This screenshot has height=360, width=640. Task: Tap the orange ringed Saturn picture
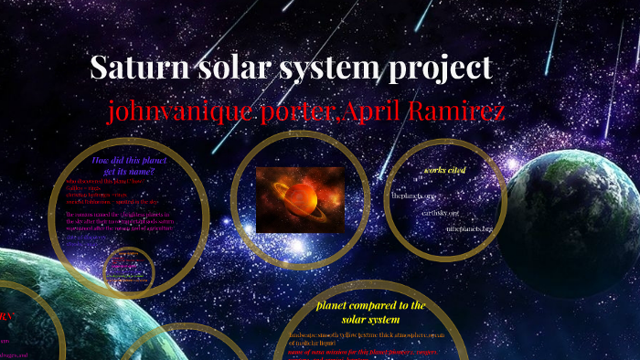(300, 198)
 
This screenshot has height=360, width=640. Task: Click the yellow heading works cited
(444, 170)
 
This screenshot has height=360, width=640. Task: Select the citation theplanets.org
(413, 196)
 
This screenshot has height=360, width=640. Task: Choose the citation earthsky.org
(439, 213)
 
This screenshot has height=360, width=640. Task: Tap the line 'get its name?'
(129, 172)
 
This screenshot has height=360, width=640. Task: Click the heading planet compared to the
(370, 305)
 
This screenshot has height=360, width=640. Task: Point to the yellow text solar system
(370, 319)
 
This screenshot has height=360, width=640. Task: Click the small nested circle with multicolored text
(129, 272)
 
